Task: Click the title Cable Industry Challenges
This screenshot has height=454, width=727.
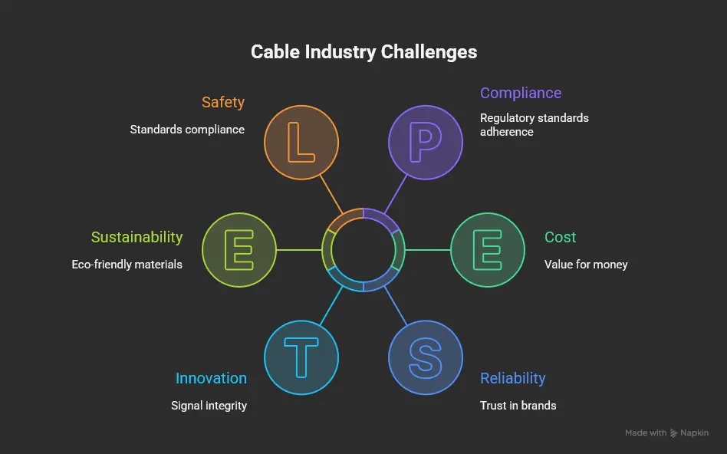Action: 363,52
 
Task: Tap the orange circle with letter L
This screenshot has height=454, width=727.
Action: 301,143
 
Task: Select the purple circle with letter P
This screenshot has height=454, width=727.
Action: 425,143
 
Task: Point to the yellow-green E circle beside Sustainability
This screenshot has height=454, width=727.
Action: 239,250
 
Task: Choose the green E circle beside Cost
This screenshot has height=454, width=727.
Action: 487,250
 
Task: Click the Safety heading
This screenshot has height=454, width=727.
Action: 223,102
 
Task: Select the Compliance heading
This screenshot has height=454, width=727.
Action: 521,93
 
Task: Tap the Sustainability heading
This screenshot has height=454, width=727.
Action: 137,237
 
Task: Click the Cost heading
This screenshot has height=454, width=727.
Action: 560,237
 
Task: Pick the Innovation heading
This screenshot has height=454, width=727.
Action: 211,378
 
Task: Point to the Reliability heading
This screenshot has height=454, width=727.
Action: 512,378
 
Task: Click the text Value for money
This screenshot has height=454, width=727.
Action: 586,265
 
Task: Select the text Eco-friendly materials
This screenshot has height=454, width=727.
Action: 127,265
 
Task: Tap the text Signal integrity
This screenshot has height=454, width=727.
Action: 209,405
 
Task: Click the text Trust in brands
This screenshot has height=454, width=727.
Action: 518,405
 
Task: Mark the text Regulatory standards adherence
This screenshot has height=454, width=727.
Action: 534,125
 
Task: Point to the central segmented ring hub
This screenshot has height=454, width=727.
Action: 363,250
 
